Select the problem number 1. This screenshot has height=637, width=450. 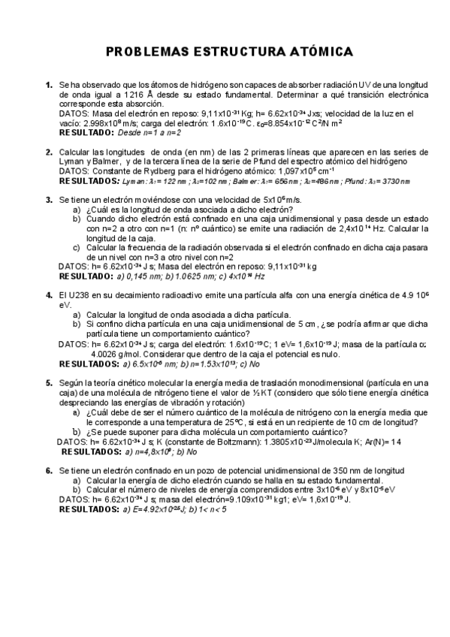click(49, 86)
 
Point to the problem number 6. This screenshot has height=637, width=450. click(49, 470)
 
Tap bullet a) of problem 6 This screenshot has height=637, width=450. click(77, 480)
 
